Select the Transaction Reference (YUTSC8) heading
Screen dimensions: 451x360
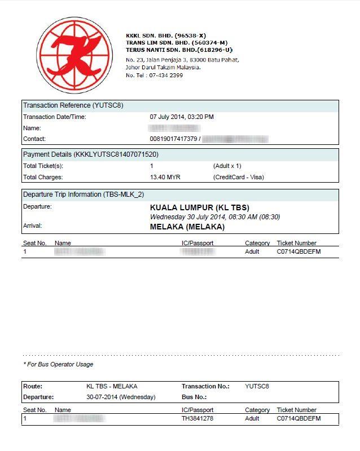(x=73, y=105)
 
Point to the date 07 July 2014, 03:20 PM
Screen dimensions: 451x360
(x=182, y=117)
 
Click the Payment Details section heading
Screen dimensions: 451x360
(x=90, y=154)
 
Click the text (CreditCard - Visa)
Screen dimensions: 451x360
(x=238, y=177)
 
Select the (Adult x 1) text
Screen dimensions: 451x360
(x=227, y=166)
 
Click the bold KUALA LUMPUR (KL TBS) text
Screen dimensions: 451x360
(x=199, y=207)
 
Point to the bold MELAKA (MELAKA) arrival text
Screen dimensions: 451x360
(x=187, y=227)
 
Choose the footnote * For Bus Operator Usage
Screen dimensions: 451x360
(x=58, y=364)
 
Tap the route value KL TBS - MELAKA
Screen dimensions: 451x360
(x=112, y=386)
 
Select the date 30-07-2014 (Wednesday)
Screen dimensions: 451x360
(x=121, y=397)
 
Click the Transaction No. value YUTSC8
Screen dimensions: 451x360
(x=257, y=386)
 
